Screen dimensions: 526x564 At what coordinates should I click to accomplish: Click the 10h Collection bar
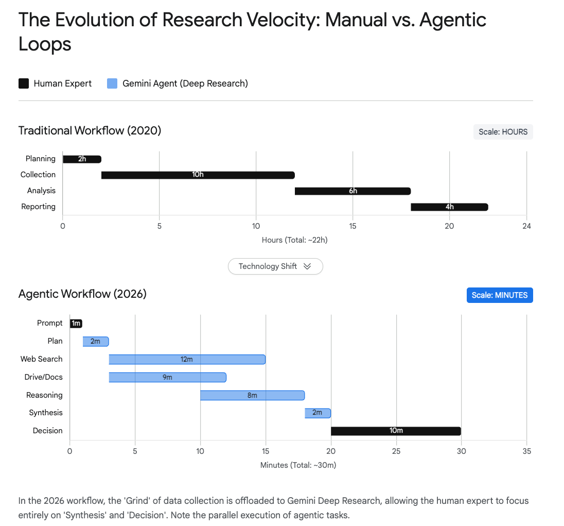pos(198,175)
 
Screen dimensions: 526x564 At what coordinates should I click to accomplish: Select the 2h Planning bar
pos(82,159)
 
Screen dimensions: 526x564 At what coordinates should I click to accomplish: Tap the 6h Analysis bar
pos(352,191)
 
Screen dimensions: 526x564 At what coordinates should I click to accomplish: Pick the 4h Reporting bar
pos(449,207)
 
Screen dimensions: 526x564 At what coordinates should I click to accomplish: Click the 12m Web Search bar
pos(187,359)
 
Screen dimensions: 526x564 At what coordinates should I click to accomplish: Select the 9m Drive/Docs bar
pos(167,377)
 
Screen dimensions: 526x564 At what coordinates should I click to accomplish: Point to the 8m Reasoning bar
pos(252,395)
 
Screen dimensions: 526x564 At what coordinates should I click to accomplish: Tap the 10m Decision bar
pos(396,431)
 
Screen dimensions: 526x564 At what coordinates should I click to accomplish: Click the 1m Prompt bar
pos(76,324)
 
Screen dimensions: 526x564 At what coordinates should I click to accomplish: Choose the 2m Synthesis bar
pos(318,413)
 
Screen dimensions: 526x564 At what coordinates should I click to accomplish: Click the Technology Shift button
pos(275,266)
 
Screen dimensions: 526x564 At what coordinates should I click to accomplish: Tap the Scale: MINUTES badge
pos(499,295)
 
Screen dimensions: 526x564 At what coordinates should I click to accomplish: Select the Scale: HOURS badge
pos(503,132)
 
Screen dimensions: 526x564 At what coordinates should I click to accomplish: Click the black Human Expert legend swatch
pos(24,83)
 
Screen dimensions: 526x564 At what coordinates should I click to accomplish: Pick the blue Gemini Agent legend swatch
pos(112,83)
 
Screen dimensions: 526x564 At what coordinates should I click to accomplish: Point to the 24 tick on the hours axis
pos(526,226)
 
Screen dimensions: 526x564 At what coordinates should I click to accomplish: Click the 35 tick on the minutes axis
pos(526,451)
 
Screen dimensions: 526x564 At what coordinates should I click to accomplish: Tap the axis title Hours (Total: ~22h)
pos(294,240)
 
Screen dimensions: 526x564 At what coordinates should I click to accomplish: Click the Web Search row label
pos(41,359)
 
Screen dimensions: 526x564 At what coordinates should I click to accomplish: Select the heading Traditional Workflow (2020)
pos(90,131)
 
